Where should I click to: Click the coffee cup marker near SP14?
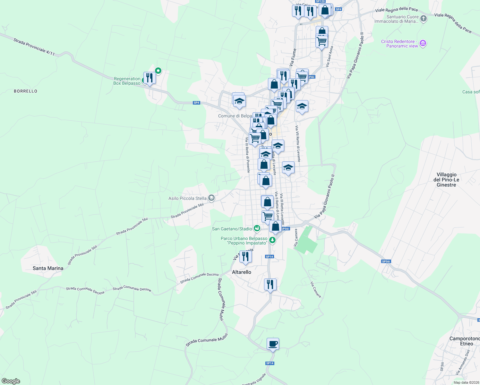click(x=273, y=344)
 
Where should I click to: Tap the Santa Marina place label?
click(x=48, y=268)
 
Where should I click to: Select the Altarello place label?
click(x=242, y=272)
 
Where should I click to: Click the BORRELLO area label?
click(x=26, y=91)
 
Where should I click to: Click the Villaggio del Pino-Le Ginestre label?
click(x=446, y=180)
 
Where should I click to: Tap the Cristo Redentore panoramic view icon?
click(x=423, y=43)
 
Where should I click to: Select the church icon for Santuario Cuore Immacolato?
click(x=424, y=19)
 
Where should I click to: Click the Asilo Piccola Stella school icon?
click(x=211, y=198)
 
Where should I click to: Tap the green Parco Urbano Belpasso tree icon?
click(x=272, y=240)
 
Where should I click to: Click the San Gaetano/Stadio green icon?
click(x=257, y=228)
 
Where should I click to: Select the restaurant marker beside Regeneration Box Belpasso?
click(x=150, y=78)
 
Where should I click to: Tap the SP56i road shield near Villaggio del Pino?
click(x=386, y=261)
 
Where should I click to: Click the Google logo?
click(x=11, y=381)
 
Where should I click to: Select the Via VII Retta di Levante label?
click(x=298, y=143)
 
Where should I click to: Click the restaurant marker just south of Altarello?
click(x=270, y=284)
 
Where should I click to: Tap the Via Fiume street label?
click(x=293, y=57)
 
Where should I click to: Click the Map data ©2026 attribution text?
click(x=466, y=382)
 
